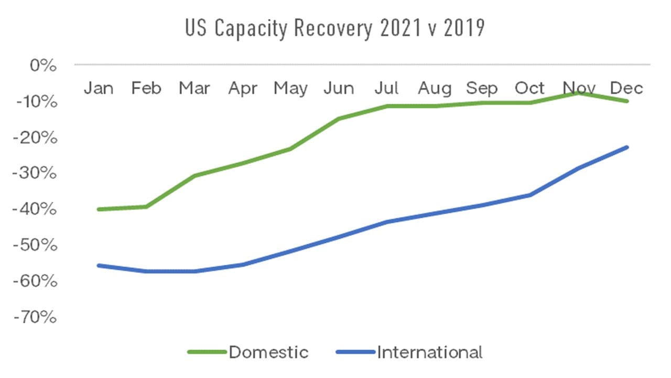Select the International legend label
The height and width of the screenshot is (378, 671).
click(x=429, y=352)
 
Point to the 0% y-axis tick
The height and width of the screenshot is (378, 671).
click(x=43, y=66)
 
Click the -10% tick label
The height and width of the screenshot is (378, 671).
click(x=38, y=101)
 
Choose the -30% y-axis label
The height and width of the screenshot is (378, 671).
click(x=38, y=173)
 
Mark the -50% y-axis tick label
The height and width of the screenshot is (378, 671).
click(x=38, y=245)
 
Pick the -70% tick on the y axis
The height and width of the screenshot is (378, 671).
click(x=38, y=317)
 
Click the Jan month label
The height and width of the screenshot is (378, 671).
click(x=99, y=88)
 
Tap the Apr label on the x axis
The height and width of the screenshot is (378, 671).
click(x=242, y=88)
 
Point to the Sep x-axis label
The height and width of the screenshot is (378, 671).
click(x=482, y=88)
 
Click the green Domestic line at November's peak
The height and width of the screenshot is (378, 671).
click(x=579, y=92)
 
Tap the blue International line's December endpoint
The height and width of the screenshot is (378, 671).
click(x=626, y=148)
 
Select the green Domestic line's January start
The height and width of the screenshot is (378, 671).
click(x=99, y=209)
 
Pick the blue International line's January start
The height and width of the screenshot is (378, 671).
click(x=99, y=266)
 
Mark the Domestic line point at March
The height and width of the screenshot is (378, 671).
click(x=194, y=175)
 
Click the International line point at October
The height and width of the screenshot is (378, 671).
click(x=531, y=195)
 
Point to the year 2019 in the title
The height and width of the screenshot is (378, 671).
click(x=463, y=29)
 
